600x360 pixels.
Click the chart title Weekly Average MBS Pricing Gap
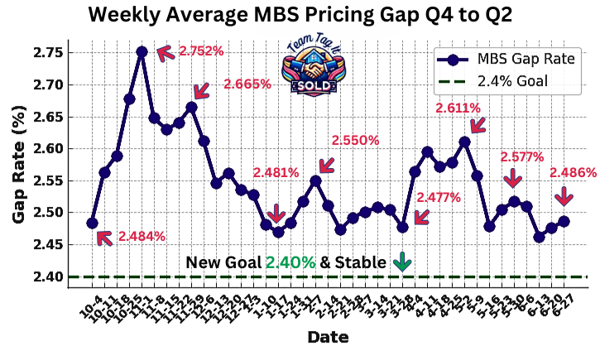coord(300,16)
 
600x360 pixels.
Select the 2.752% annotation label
coord(201,50)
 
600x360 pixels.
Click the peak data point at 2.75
coord(142,51)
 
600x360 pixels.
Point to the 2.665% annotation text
coord(247,84)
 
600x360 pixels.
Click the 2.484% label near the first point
coord(142,236)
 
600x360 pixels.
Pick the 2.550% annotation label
coord(355,141)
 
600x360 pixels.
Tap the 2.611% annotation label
coord(456,108)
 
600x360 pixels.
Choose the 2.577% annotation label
coord(521,156)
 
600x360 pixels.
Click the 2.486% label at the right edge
coord(573,172)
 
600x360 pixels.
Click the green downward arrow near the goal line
coord(403,262)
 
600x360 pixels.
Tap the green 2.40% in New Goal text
coord(290,262)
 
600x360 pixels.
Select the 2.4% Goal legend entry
coord(513,81)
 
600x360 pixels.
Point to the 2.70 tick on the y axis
coord(50,84)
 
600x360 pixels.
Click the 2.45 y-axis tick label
coord(50,244)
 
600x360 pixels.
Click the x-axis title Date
coord(327,337)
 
